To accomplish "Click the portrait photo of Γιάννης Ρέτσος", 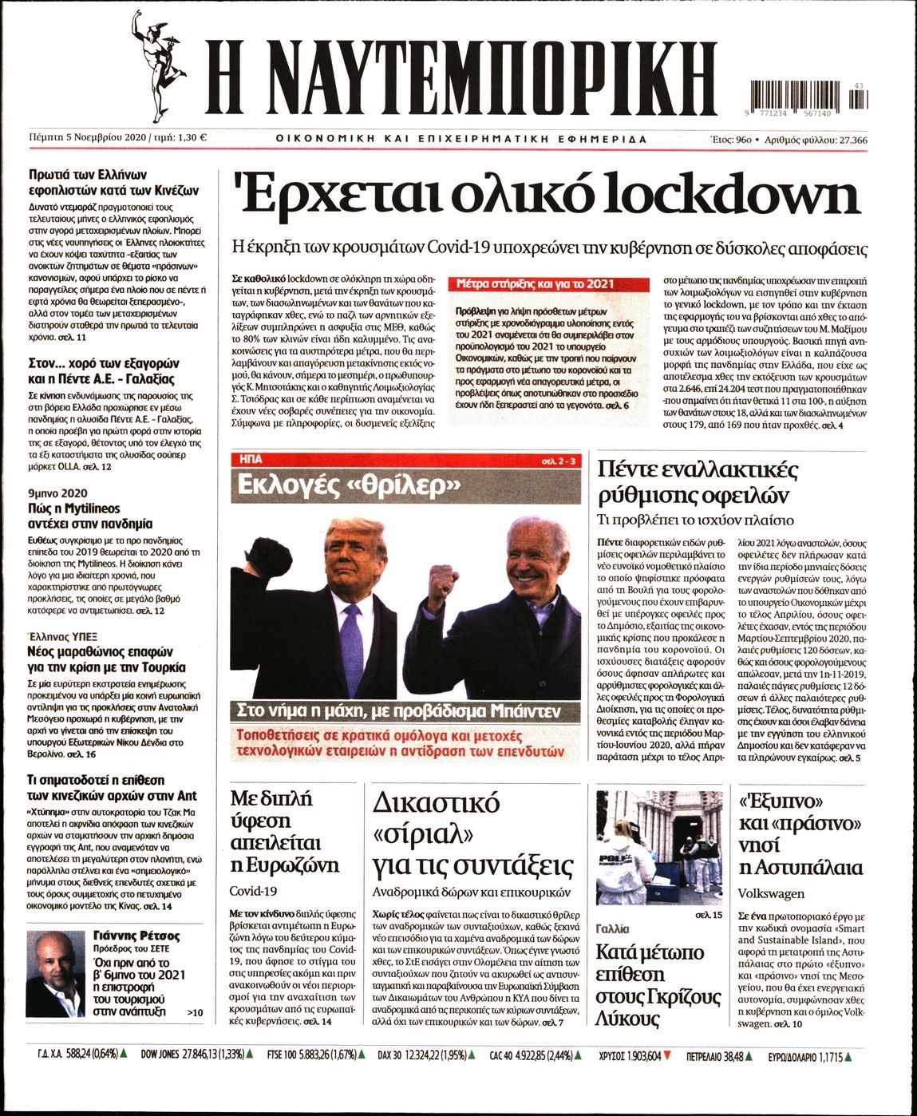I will click(61, 974).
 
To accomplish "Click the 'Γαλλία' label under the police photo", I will click(613, 928).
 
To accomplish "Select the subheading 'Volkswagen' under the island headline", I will click(771, 893).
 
